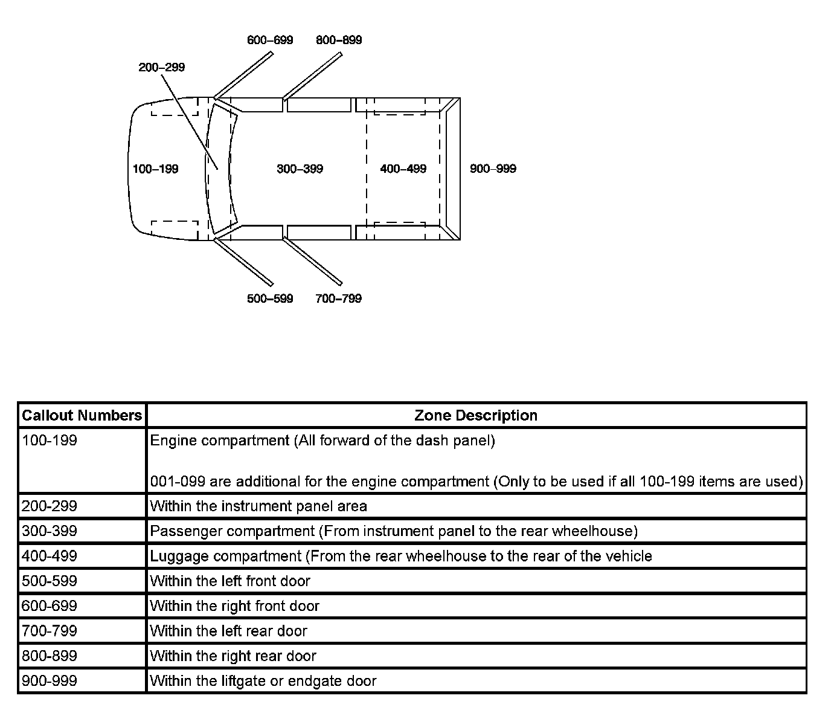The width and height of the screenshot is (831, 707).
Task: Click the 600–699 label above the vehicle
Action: [x=270, y=40]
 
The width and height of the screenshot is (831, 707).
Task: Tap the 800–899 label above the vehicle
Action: [x=339, y=40]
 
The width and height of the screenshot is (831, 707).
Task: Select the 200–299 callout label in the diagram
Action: [x=161, y=67]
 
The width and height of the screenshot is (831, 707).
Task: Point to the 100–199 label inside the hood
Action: [x=155, y=169]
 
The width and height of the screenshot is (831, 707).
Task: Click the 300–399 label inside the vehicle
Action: [x=300, y=169]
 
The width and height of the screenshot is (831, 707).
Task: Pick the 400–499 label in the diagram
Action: [x=403, y=169]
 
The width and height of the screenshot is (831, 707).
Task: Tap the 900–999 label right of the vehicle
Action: [x=493, y=169]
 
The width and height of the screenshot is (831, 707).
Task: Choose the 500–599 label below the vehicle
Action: [x=270, y=299]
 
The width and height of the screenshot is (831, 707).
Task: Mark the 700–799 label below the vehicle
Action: [x=338, y=299]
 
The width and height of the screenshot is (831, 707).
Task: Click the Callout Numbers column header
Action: [x=82, y=416]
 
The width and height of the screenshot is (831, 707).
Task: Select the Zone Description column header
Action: [x=476, y=416]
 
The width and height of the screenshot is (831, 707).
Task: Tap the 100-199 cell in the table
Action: [x=50, y=441]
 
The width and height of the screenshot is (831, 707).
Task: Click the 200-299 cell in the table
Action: [x=50, y=506]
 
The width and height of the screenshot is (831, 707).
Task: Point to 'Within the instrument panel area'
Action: [x=258, y=506]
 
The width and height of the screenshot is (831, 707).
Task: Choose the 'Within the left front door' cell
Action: [x=230, y=581]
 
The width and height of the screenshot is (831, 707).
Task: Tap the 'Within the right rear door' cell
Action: [x=233, y=656]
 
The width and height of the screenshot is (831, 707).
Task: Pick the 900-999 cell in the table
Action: [x=50, y=681]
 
